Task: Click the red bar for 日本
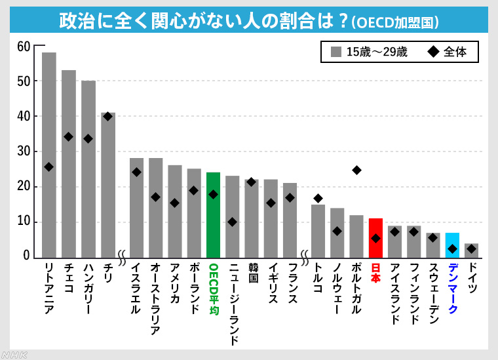pos(375,238)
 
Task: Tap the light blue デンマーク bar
pos(452,245)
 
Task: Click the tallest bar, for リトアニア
pos(49,155)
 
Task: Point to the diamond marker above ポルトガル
pos(356,170)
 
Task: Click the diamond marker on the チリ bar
pos(108,116)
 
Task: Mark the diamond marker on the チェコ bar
pos(69,136)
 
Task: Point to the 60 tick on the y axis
pos(24,46)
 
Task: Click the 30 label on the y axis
pos(24,151)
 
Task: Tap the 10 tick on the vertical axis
pos(24,222)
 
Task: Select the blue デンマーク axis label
pos(452,289)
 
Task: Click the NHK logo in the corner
pos(15,354)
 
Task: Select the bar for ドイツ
pos(471,250)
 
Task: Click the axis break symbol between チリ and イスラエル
pos(122,253)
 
